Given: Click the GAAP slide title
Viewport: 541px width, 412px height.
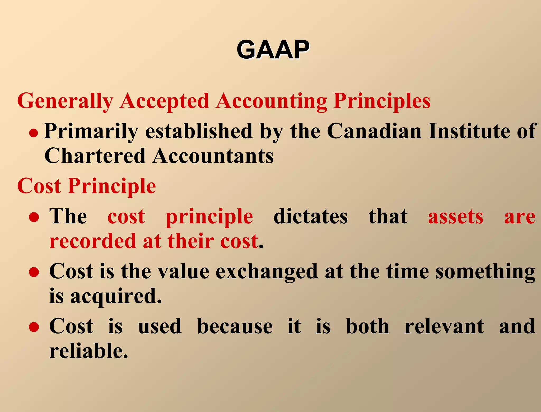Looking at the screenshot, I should click(x=273, y=50).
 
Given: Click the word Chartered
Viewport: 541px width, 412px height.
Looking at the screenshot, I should click(x=95, y=156).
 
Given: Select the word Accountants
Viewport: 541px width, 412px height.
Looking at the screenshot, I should click(x=213, y=156).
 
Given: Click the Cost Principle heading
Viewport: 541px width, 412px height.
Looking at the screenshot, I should click(x=86, y=186).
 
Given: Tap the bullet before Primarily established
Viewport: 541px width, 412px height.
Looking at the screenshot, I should click(x=34, y=133).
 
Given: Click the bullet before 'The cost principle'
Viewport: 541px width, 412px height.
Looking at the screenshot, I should click(x=34, y=218).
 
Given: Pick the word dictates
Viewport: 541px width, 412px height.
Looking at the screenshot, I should click(x=310, y=217).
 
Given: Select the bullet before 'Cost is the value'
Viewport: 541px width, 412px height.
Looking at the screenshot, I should click(x=34, y=272).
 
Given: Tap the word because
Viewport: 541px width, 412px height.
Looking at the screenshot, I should click(x=235, y=326).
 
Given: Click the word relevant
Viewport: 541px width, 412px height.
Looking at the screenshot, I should click(x=444, y=326).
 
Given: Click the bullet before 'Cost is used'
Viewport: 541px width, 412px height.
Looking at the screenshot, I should click(x=34, y=327).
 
